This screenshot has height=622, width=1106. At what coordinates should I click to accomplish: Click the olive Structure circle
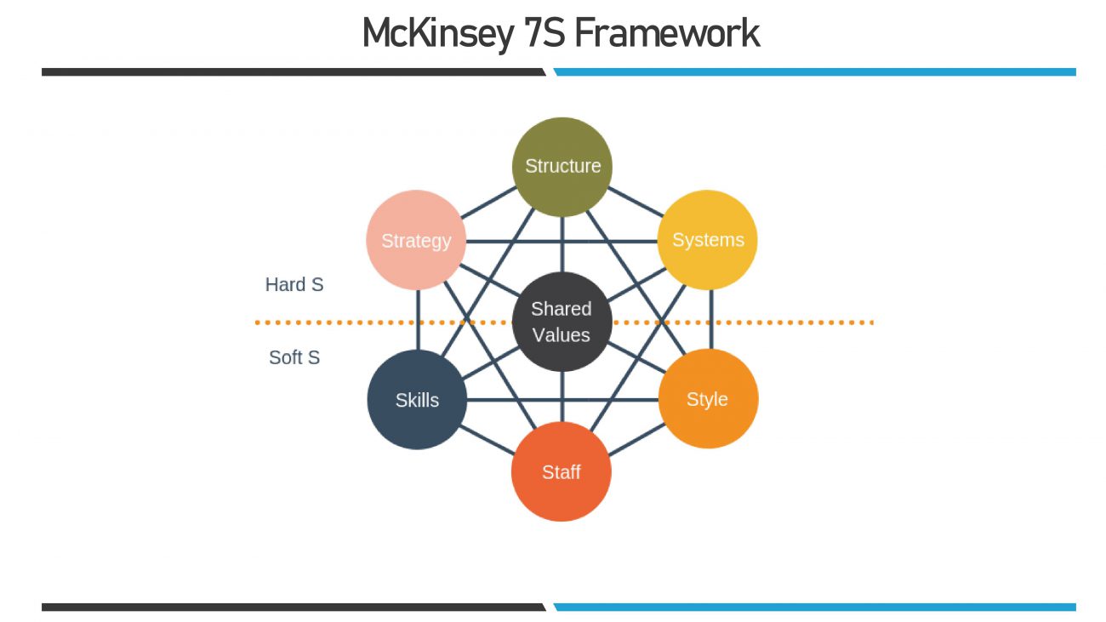[562, 166]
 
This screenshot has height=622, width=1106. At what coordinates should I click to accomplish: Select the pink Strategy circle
[416, 240]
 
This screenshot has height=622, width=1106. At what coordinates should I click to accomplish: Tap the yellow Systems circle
[707, 240]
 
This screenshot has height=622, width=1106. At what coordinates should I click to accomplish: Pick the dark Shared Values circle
[562, 322]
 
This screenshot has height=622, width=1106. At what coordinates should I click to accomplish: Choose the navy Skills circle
[417, 399]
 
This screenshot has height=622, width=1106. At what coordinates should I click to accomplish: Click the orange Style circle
[708, 399]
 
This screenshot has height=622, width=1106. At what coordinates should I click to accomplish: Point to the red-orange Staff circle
[562, 471]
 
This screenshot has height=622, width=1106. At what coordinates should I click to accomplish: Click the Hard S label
[294, 285]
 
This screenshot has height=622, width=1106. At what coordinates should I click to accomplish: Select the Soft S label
[294, 357]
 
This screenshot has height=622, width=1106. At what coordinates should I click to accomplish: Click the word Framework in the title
[667, 34]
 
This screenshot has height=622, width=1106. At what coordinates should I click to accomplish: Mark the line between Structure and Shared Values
[562, 243]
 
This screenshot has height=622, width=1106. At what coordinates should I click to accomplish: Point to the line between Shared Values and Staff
[562, 397]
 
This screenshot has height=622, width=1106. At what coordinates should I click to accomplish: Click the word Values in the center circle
[562, 335]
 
